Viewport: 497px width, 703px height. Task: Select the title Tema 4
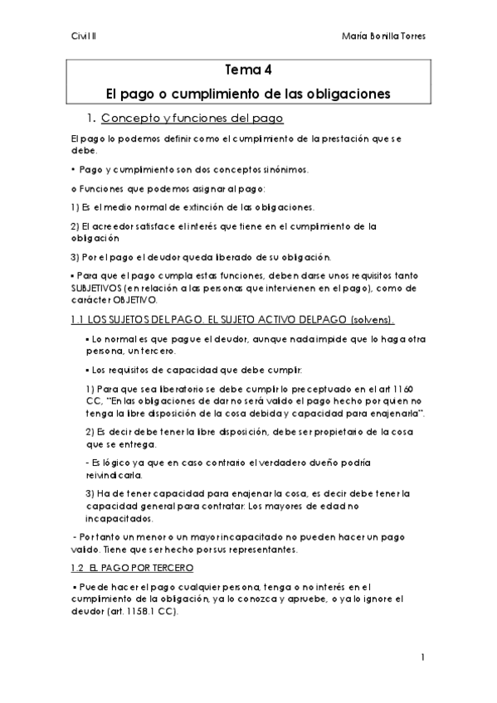pyautogui.click(x=247, y=70)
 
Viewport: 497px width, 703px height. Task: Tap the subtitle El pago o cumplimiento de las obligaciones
pyautogui.click(x=248, y=94)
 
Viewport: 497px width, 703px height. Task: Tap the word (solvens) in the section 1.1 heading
pyautogui.click(x=325, y=319)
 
